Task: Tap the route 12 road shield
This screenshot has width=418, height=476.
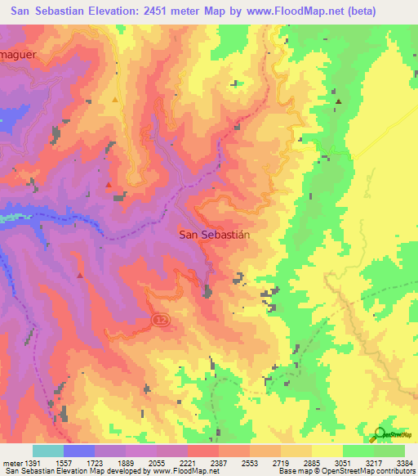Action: (x=159, y=319)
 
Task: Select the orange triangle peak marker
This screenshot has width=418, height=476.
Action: (x=115, y=100)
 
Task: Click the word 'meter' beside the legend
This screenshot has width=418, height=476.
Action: (x=11, y=462)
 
